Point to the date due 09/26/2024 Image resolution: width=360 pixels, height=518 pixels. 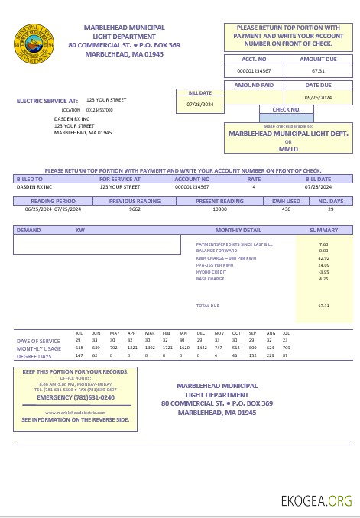[318, 98]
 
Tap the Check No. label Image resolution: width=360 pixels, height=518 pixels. [286, 109]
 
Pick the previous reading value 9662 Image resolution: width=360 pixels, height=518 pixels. [135, 209]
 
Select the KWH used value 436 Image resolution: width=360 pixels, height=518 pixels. [286, 209]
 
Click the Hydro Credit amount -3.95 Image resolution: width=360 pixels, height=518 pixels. [323, 272]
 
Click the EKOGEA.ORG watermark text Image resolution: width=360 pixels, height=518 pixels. [316, 501]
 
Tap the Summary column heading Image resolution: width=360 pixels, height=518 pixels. [323, 230]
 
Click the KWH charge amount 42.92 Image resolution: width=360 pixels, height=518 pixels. [323, 258]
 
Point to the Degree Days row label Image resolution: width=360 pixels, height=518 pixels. [34, 356]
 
